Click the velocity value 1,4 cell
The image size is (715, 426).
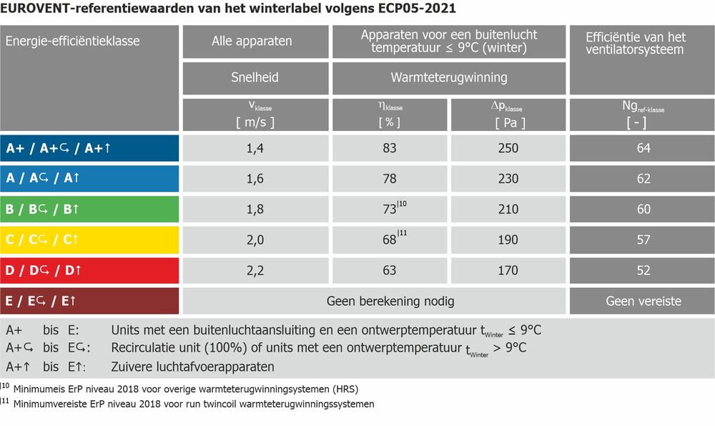(x=255, y=148)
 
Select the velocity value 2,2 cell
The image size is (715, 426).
(x=255, y=271)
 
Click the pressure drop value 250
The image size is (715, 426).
(x=508, y=148)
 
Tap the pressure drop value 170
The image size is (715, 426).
(x=508, y=271)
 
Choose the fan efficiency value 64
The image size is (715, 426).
(x=643, y=148)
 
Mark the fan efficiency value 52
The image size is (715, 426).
(x=643, y=271)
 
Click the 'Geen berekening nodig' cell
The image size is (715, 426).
(x=390, y=301)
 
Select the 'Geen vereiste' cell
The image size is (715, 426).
(x=643, y=301)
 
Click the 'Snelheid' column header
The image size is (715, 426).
(x=255, y=77)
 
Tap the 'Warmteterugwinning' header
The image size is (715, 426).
(x=449, y=77)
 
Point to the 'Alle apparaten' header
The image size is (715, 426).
(x=252, y=41)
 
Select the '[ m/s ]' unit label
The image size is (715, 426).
(x=255, y=122)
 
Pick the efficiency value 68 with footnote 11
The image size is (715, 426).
(x=390, y=240)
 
